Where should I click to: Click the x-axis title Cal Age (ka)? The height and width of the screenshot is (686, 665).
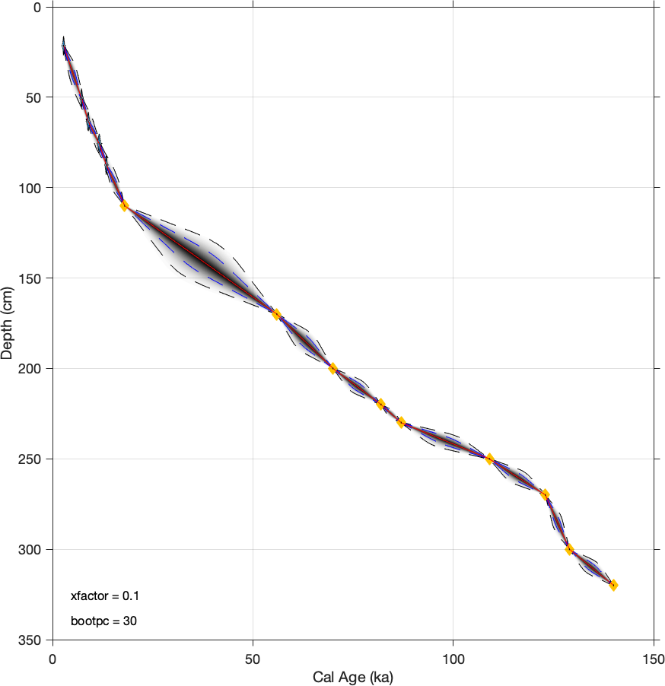click(352, 676)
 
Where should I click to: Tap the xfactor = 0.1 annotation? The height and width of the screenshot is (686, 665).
click(104, 595)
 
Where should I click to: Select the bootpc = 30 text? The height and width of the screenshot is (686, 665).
click(103, 621)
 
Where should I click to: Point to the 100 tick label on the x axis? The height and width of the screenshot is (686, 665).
click(453, 656)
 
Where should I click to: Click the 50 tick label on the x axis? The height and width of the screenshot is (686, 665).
click(253, 656)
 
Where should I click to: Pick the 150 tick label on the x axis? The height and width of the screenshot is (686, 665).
click(654, 656)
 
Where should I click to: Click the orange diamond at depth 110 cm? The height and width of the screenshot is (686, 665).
click(124, 205)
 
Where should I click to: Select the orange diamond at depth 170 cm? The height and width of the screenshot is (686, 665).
click(276, 314)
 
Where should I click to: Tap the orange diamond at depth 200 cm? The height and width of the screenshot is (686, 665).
click(332, 368)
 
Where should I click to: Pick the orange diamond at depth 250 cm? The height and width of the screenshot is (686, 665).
click(489, 459)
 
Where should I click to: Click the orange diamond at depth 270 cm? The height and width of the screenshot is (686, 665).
click(545, 494)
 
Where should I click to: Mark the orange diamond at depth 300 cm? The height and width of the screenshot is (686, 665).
click(569, 549)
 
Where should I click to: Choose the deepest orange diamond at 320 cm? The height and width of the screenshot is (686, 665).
click(613, 585)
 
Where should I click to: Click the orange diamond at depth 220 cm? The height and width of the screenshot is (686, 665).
click(380, 404)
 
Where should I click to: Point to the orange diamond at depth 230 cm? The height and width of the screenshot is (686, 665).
click(401, 422)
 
